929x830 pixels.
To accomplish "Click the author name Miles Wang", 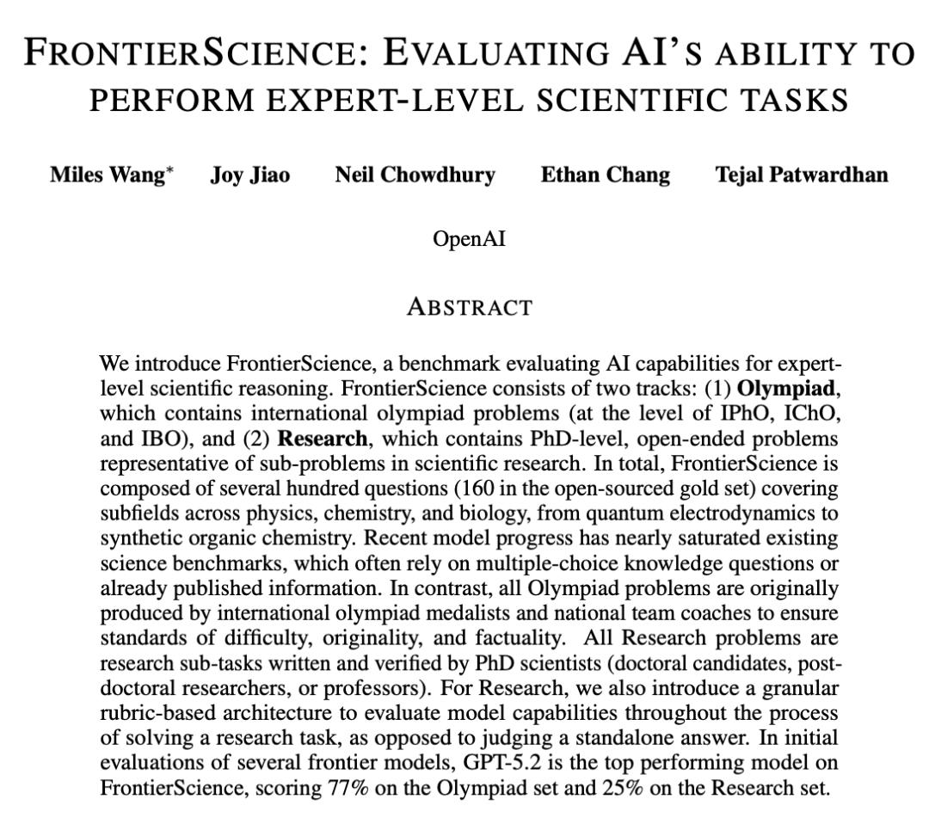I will click(107, 175).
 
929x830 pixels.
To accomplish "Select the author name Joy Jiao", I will click(250, 175).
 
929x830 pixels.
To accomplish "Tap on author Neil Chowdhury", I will click(415, 175).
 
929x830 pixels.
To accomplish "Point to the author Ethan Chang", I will click(605, 175).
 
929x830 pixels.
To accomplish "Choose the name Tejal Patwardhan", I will click(802, 175).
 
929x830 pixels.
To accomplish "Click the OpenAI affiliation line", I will click(469, 238).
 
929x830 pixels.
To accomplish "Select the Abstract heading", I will click(470, 307).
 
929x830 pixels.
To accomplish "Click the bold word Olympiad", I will click(786, 389).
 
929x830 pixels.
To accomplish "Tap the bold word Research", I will click(323, 439).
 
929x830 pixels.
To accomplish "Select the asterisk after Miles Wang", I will click(170, 170).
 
